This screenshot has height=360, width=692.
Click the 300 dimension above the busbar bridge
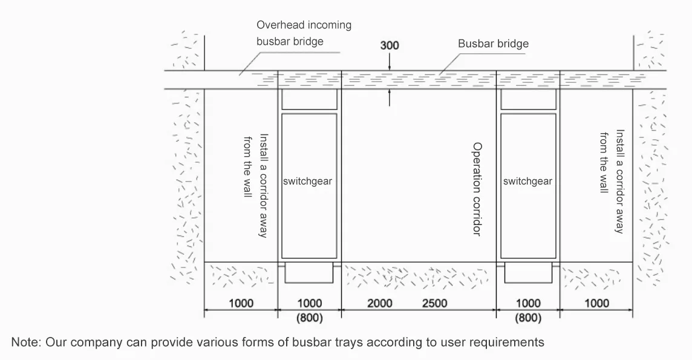390,45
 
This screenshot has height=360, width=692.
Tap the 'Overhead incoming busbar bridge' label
304,33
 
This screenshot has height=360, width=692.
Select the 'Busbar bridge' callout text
493,44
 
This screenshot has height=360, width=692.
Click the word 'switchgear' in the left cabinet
308,182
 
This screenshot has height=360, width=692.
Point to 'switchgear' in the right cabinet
528,182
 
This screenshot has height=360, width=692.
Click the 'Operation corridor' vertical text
477,189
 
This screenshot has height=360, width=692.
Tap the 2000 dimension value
380,304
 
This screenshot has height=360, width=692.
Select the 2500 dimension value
435,304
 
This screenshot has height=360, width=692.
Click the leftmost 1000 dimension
241,304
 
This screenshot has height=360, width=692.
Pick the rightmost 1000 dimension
596,304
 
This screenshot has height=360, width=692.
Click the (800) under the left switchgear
309,318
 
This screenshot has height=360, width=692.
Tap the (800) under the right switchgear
528,318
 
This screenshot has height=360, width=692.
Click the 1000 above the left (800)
309,304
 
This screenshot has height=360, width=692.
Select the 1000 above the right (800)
528,304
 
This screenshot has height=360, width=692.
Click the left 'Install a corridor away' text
264,186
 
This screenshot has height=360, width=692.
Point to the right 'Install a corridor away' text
620,182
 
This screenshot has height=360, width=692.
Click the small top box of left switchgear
309,99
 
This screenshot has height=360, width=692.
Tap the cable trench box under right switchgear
528,273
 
